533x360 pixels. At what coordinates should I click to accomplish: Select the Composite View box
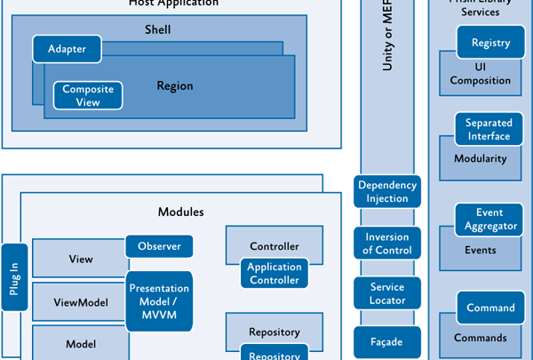point(87,96)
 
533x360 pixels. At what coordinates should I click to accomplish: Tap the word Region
point(174,86)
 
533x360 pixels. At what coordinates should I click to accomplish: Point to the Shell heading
point(157,30)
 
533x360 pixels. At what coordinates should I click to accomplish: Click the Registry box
point(490,43)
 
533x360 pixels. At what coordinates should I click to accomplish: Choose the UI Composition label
point(481,74)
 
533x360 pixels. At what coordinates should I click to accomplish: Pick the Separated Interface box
point(489,130)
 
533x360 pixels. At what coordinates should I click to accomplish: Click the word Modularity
point(480,159)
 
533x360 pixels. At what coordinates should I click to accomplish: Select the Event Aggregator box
point(490,220)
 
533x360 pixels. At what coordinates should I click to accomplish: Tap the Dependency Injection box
point(387,192)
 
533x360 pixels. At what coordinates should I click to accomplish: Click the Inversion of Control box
point(386,244)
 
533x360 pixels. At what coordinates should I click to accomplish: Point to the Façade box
point(386,341)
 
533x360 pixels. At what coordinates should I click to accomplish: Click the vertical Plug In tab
point(15,276)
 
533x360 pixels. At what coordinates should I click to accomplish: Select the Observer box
point(159,246)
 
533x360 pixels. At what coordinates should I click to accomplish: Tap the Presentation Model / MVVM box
point(159,302)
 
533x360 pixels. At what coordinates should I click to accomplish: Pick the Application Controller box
point(274,274)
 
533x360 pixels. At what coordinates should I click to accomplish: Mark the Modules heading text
point(180,212)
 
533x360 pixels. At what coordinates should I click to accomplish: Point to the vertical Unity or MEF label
point(386,44)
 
